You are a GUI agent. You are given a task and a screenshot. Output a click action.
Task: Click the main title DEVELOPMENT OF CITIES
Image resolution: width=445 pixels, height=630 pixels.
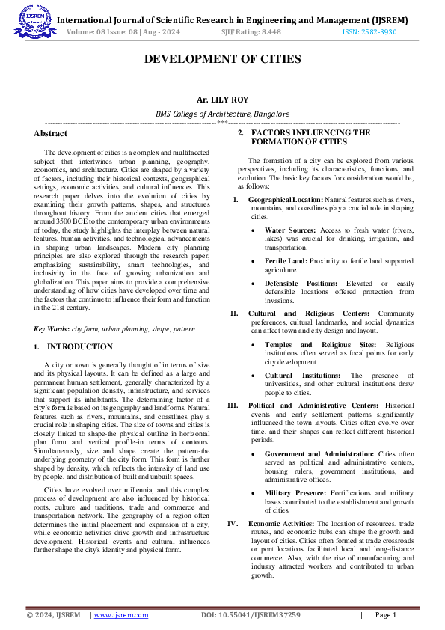(222, 59)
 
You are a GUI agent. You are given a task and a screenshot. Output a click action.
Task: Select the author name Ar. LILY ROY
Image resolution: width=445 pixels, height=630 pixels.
(222, 100)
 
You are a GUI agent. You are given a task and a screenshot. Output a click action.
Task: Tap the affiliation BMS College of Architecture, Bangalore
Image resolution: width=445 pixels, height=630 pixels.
(222, 114)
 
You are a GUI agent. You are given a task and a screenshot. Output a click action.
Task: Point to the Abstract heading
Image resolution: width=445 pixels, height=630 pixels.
(50, 133)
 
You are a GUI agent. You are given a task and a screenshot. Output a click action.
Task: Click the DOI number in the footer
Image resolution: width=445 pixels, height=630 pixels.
(251, 615)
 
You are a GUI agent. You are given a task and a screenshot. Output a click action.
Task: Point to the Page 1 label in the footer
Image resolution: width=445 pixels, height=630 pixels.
(384, 615)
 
